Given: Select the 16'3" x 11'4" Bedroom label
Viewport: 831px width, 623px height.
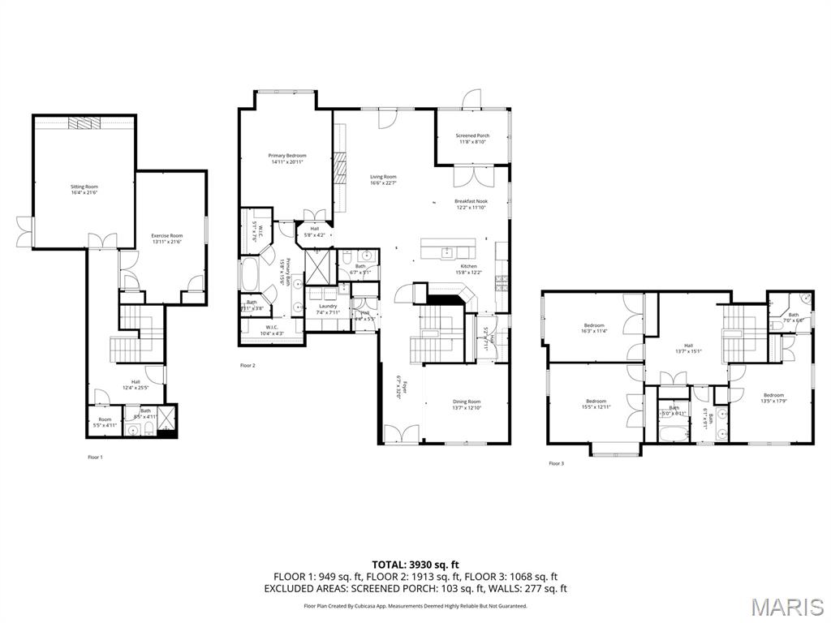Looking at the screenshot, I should pos(594,328).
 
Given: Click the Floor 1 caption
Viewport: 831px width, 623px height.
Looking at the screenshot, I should pos(96,458).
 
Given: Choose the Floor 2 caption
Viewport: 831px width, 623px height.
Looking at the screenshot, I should pos(248,366).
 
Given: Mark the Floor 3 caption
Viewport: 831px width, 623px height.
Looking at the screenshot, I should pos(556,464).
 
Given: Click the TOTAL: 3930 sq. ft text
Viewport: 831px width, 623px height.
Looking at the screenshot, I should pos(415,564).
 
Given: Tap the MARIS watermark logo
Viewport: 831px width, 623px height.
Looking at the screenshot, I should pos(786,606).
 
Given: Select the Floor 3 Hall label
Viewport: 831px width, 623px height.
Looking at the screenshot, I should pos(689,348).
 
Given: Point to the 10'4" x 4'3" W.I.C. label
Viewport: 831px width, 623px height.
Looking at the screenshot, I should pos(272,329).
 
